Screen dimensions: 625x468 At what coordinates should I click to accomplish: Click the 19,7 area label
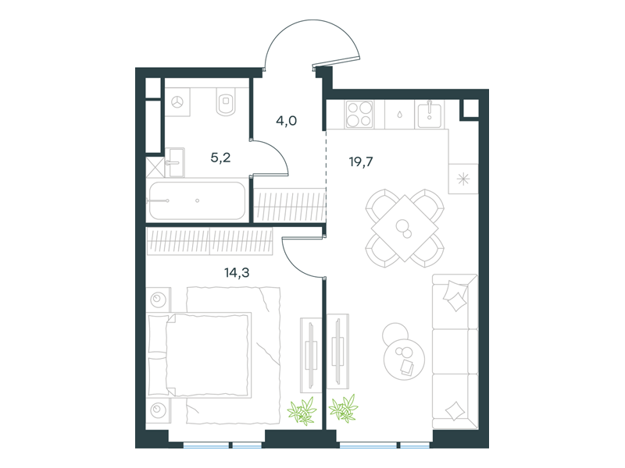pyautogui.click(x=361, y=162)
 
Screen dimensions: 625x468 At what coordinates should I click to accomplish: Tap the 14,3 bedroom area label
pyautogui.click(x=237, y=272)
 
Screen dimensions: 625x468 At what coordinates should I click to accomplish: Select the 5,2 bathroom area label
pyautogui.click(x=220, y=158)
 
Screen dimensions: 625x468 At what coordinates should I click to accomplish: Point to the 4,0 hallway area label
pyautogui.click(x=286, y=121)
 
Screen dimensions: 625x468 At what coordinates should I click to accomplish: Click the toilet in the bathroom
pyautogui.click(x=226, y=101)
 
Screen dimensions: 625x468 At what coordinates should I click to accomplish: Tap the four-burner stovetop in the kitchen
pyautogui.click(x=359, y=114)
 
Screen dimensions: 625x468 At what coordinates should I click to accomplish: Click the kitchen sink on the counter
pyautogui.click(x=429, y=114)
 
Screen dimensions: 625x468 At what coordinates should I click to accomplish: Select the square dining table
pyautogui.click(x=405, y=228)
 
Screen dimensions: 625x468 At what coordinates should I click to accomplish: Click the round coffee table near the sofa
pyautogui.click(x=404, y=359)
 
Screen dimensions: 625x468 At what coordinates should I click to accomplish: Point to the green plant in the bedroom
pyautogui.click(x=302, y=410)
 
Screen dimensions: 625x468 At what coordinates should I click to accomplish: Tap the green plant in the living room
pyautogui.click(x=344, y=408)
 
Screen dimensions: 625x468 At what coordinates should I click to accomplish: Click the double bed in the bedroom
pyautogui.click(x=199, y=355)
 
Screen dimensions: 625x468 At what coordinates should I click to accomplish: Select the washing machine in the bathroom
pyautogui.click(x=177, y=102)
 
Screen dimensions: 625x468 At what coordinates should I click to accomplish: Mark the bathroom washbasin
pyautogui.click(x=174, y=162)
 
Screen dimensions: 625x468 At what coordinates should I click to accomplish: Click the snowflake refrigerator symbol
pyautogui.click(x=462, y=179)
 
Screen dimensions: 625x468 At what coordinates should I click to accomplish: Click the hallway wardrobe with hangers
pyautogui.click(x=290, y=206)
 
